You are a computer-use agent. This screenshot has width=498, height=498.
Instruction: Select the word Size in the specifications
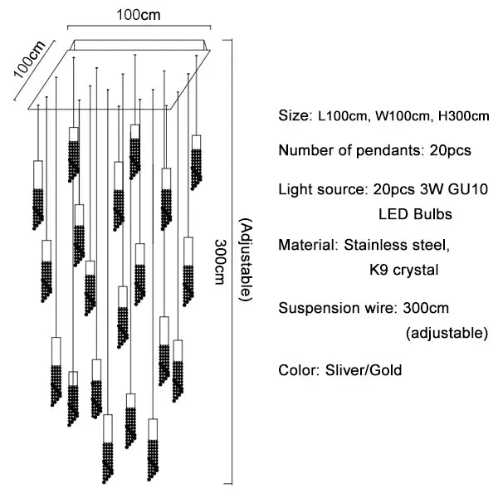point(292,115)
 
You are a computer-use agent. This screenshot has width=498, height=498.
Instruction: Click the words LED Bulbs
point(415,214)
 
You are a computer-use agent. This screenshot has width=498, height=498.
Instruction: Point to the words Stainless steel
point(397,246)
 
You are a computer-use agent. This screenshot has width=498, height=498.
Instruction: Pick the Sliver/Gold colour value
point(361,370)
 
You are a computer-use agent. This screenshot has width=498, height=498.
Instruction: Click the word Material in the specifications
point(305,246)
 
